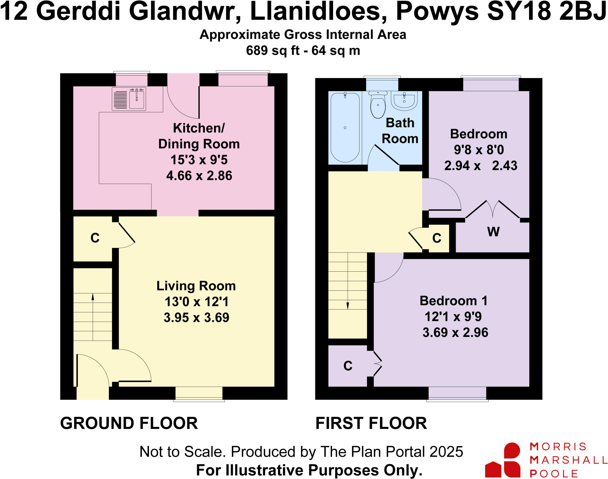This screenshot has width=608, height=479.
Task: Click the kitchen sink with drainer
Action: pyautogui.click(x=129, y=99)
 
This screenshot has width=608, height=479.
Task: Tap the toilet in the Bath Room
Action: pyautogui.click(x=378, y=105)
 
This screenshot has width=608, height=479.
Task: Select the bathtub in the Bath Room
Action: pyautogui.click(x=345, y=128)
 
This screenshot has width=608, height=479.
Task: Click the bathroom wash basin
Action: pyautogui.click(x=404, y=100)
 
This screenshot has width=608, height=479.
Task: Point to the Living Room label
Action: pyautogui.click(x=196, y=286)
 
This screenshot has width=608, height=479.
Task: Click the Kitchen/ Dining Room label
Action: pyautogui.click(x=199, y=136)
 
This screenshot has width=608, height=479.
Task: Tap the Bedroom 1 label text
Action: pyautogui.click(x=453, y=301)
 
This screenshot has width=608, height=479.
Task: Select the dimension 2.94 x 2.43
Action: pyautogui.click(x=480, y=165)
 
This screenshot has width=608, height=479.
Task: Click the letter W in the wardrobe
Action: pyautogui.click(x=493, y=232)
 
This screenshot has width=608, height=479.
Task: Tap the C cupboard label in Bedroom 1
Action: pyautogui.click(x=348, y=366)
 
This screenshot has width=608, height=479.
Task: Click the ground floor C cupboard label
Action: pyautogui.click(x=95, y=238)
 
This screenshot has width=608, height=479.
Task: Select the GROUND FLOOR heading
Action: pyautogui.click(x=129, y=423)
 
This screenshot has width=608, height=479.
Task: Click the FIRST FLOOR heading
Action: pyautogui.click(x=371, y=423)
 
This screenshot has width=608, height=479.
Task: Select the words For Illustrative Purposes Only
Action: pyautogui.click(x=309, y=470)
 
